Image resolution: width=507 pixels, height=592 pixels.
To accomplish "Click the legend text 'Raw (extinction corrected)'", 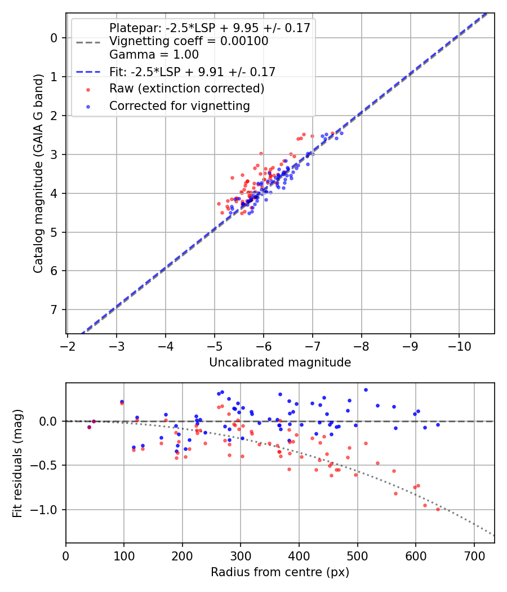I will coord(186,89).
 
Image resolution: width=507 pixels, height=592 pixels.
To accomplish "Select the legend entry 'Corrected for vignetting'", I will coord(179,105).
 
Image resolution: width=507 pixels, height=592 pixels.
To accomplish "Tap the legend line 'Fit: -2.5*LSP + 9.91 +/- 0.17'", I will coord(192,72).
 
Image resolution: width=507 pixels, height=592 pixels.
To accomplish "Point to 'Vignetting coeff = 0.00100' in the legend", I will coord(188,41).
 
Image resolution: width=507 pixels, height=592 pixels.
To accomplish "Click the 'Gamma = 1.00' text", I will coord(154,55).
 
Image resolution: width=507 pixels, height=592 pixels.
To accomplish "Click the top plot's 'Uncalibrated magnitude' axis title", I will coord(280,363).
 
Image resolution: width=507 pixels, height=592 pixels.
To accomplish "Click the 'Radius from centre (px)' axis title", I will coord(280,572).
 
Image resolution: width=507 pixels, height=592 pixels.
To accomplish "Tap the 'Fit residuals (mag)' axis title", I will coord(17,462).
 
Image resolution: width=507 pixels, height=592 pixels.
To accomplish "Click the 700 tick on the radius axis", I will coord(474,555).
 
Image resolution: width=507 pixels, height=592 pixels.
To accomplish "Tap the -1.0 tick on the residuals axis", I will coord(47,510).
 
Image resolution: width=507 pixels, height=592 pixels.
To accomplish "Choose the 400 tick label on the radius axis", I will coord(299,555).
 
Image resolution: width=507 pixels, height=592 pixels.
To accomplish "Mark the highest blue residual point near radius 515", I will coord(366,390).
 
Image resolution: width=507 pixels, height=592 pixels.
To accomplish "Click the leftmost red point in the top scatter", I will coord(219,204).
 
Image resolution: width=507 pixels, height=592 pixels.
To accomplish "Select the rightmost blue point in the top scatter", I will coord(341,133).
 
